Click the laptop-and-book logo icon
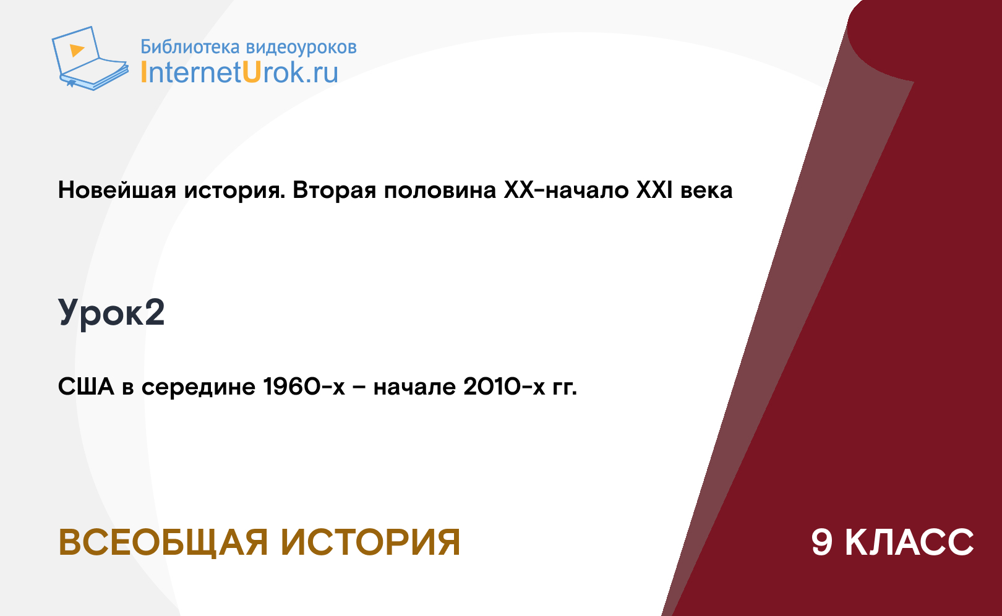tap(90, 58)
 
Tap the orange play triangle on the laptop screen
tap(77, 50)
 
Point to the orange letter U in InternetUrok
tap(252, 72)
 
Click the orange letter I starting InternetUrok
tap(143, 72)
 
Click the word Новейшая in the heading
tap(117, 190)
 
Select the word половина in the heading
tap(440, 190)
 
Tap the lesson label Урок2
tap(111, 313)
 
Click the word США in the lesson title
tap(87, 387)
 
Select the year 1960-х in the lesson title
tap(304, 387)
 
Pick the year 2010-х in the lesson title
tap(504, 387)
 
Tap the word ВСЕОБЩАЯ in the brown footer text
tap(163, 542)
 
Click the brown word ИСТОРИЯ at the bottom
tap(370, 542)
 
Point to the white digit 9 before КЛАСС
tap(822, 542)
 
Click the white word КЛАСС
tap(909, 542)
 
